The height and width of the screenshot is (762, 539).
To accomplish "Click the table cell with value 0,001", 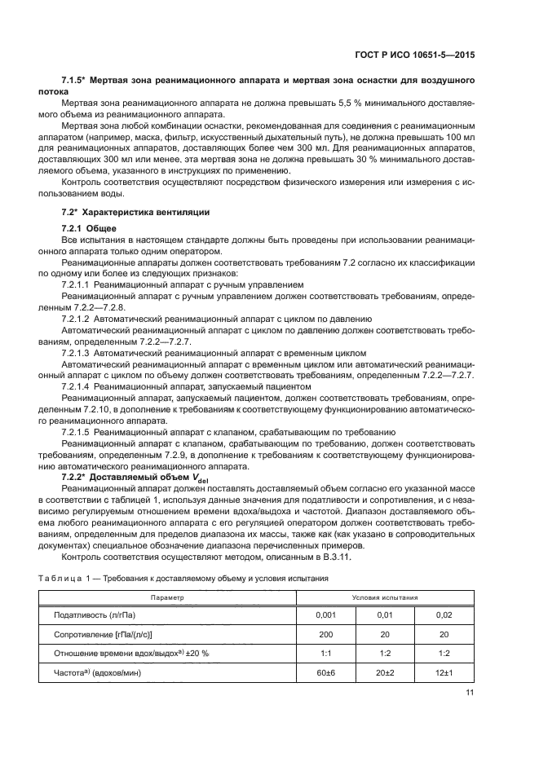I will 325,616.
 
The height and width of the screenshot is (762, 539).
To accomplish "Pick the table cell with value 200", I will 325,634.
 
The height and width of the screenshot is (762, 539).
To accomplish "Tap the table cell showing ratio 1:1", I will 325,653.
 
